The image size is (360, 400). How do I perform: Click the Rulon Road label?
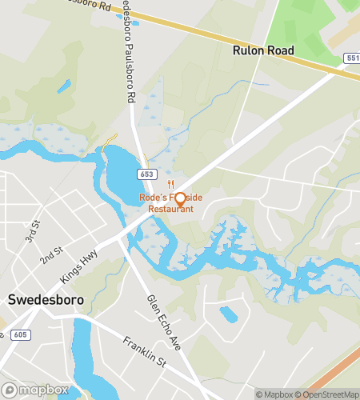coord(263,50)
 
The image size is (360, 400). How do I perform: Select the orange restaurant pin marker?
coord(180,198)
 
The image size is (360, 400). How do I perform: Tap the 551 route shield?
coord(352,58)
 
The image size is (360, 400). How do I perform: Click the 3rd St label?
coord(31,235)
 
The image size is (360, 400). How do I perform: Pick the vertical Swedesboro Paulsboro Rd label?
coord(126,56)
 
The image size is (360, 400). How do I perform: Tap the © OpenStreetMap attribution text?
coord(329,394)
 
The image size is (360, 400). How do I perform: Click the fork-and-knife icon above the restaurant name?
coord(171,183)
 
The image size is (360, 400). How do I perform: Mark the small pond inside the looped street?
coord(229,314)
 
